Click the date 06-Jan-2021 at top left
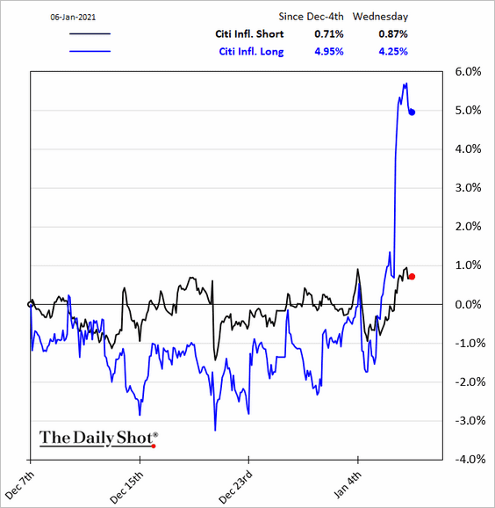tap(73, 18)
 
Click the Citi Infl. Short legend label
tap(249, 34)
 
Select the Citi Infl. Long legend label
tap(251, 52)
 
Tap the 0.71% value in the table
tap(329, 34)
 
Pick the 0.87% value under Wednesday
tap(393, 34)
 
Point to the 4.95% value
tap(329, 52)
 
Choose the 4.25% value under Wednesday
tap(393, 52)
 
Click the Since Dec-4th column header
tap(311, 17)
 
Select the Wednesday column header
tap(381, 17)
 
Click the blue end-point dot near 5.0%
tap(412, 112)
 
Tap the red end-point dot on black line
tap(412, 277)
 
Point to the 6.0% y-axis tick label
tap(468, 71)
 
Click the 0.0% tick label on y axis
tap(468, 305)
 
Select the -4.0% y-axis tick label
tap(470, 460)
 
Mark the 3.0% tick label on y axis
tap(468, 188)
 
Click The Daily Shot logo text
tap(98, 439)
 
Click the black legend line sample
tap(90, 33)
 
